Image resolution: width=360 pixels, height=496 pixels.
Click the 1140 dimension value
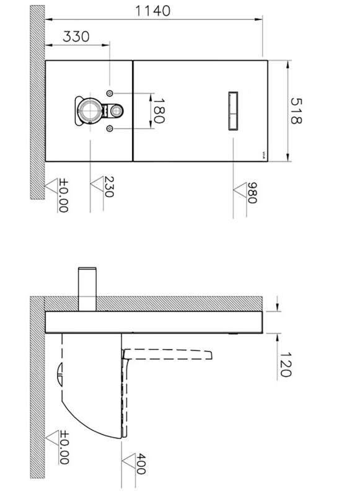click(152, 11)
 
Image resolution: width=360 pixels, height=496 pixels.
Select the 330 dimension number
click(76, 37)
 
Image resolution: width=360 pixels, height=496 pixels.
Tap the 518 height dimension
click(296, 111)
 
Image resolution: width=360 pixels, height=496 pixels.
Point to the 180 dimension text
click(159, 111)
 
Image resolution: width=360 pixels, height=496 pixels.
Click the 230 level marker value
click(108, 187)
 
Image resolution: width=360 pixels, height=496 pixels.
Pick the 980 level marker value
click(252, 193)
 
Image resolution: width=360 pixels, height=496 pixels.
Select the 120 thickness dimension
click(285, 365)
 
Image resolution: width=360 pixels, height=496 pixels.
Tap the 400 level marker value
click(141, 464)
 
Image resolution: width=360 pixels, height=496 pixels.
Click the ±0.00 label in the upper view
click(64, 195)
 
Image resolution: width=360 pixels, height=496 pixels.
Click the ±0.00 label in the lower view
click(64, 447)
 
